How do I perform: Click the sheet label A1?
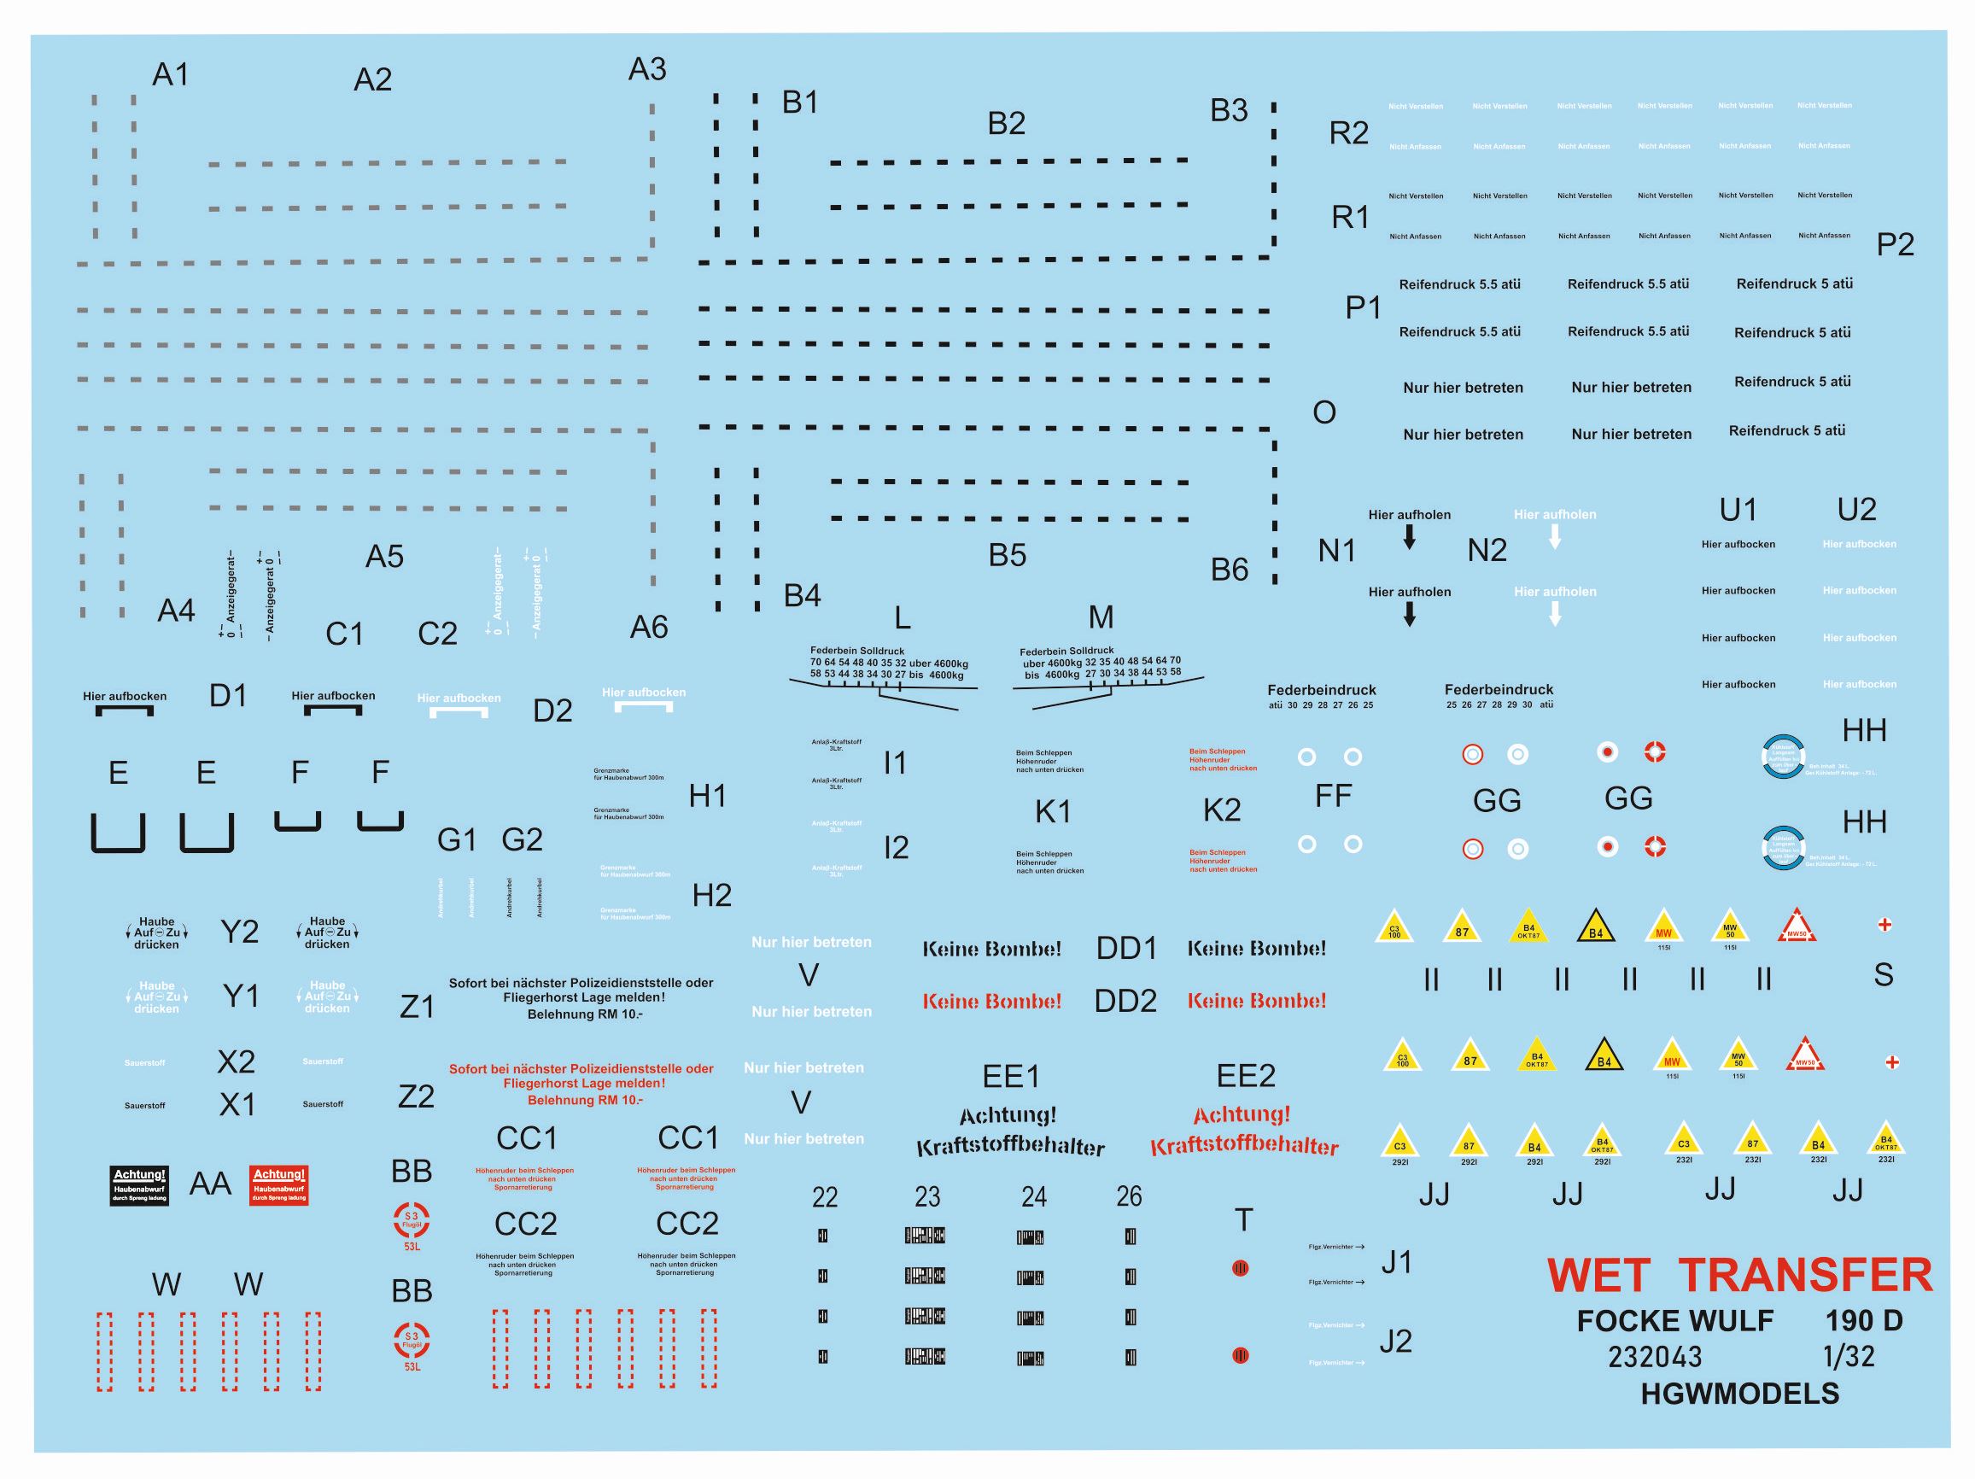click(171, 75)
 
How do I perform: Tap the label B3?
click(1229, 111)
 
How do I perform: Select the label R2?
click(1348, 133)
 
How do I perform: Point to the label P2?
click(1895, 245)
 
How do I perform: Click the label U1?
click(1738, 510)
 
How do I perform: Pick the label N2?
click(1487, 550)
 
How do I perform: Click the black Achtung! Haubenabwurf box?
click(139, 1186)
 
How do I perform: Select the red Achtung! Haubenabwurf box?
click(278, 1186)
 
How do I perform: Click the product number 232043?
click(1655, 1358)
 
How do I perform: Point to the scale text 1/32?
click(1849, 1357)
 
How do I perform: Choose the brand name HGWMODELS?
click(1739, 1394)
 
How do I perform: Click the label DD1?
click(1126, 949)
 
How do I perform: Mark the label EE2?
click(1246, 1076)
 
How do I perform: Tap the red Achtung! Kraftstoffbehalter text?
click(1244, 1131)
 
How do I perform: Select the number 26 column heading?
click(1129, 1196)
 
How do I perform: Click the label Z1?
click(417, 1008)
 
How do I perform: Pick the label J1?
click(1396, 1263)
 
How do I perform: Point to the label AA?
click(210, 1184)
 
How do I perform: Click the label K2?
click(1221, 810)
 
